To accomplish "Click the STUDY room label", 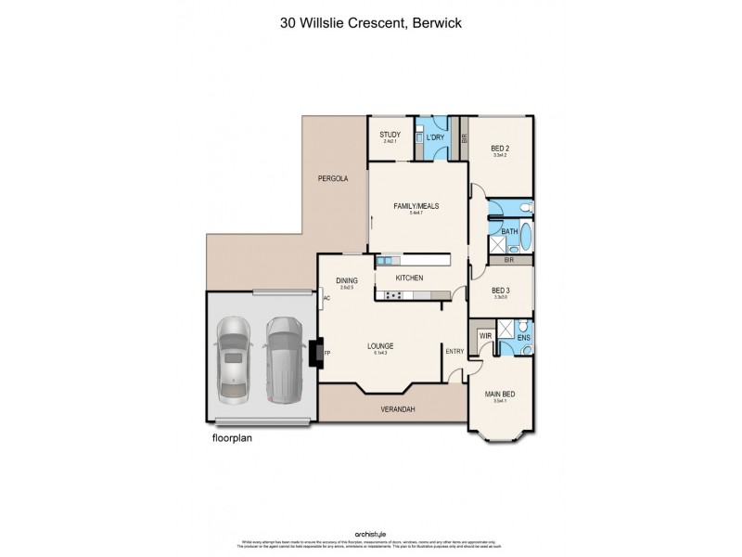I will (x=390, y=135).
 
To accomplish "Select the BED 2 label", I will (x=501, y=148).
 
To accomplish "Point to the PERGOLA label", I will (x=332, y=178).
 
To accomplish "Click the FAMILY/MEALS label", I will (x=416, y=205).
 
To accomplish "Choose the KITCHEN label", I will (x=409, y=278).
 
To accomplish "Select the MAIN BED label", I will (x=500, y=394).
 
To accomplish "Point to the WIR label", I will (x=484, y=336).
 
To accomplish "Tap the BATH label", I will (x=509, y=232).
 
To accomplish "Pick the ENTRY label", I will (x=455, y=351).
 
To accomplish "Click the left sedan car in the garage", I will (x=232, y=357).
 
